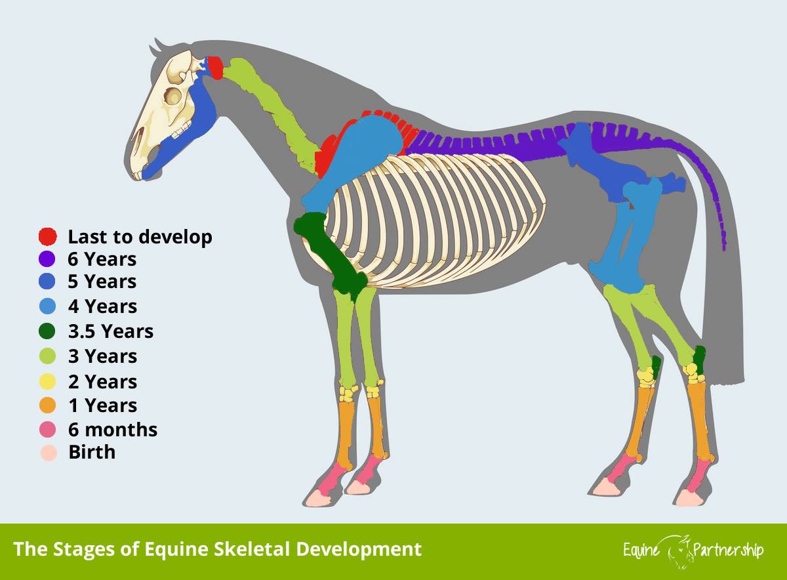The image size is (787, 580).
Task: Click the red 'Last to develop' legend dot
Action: tap(47, 236)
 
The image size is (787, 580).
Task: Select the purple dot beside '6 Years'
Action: tap(47, 259)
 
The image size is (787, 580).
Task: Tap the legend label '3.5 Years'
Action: tap(111, 331)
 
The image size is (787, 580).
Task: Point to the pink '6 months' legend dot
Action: tap(47, 430)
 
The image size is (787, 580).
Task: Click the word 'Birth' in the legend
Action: tap(92, 452)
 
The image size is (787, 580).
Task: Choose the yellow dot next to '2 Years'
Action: tap(47, 381)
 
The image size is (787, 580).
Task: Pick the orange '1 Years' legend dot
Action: tap(47, 405)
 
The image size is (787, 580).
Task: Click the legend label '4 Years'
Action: tap(102, 306)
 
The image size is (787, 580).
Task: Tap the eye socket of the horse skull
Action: tap(173, 96)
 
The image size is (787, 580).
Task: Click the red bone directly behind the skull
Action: tap(215, 67)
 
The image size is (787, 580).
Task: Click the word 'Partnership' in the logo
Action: tap(728, 550)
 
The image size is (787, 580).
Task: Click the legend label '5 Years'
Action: tap(102, 281)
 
